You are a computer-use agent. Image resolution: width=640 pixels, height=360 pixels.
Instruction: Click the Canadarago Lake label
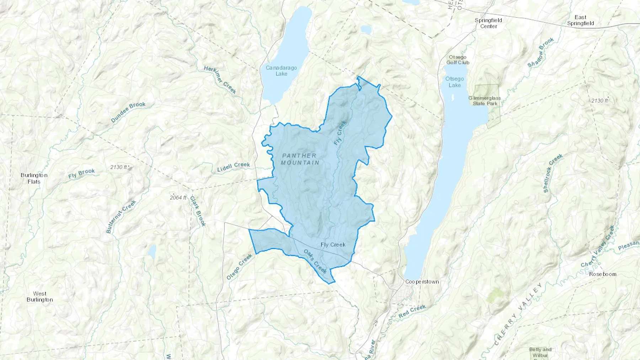tap(281, 71)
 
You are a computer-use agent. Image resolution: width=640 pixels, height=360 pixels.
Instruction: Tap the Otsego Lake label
tap(455, 82)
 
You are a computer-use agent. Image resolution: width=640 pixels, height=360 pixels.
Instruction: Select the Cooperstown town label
tap(422, 282)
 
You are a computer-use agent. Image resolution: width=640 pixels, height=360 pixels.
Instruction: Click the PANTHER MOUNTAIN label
tap(299, 159)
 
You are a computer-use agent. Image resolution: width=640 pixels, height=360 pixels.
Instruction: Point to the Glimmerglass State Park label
tap(484, 101)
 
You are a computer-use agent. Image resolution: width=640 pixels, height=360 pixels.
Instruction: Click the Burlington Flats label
tap(34, 178)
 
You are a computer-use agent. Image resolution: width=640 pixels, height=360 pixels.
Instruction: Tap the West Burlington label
tap(39, 296)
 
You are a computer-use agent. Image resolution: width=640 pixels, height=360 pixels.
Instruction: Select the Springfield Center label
tap(488, 23)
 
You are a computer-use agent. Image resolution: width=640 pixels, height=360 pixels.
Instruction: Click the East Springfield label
tap(580, 20)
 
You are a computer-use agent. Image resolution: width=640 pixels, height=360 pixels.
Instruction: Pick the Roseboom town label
tap(602, 274)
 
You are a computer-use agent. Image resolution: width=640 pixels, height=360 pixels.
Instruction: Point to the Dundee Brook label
tap(128, 112)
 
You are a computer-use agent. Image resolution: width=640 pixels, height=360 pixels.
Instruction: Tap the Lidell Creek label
tap(233, 167)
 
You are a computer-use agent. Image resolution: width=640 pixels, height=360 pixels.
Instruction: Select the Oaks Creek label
tap(315, 261)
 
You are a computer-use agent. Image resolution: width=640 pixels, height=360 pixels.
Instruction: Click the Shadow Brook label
tap(540, 53)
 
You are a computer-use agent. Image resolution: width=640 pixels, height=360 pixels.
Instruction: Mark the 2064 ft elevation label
tap(178, 198)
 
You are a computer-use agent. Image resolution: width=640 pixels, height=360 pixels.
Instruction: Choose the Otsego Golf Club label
tap(458, 60)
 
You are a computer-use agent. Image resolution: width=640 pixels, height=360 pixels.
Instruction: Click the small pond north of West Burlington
tap(152, 252)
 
